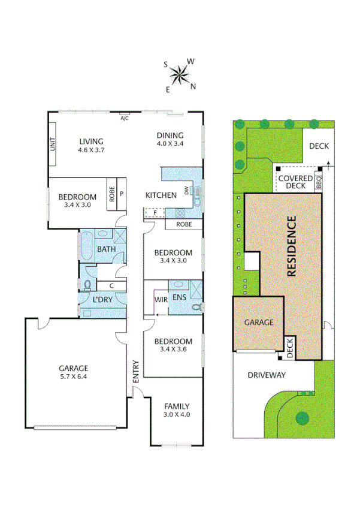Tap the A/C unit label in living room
(125, 119)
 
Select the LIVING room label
(92, 141)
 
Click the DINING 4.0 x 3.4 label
(170, 139)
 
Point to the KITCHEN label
(162, 195)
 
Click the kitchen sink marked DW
(196, 192)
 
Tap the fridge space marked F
(155, 212)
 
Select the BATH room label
(107, 249)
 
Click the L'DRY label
(103, 299)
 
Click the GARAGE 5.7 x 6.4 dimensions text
(73, 377)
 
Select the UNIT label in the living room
(53, 144)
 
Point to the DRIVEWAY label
(267, 375)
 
